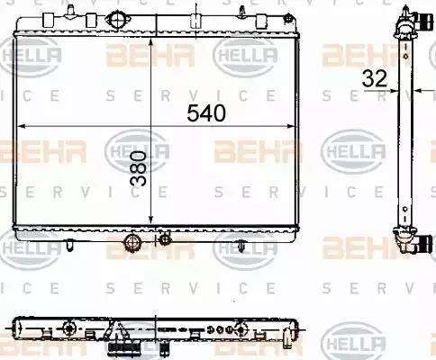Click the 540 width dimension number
tap(206, 113)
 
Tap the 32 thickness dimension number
tap(376, 79)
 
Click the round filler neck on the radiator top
tap(116, 21)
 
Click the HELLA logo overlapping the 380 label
tap(137, 148)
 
